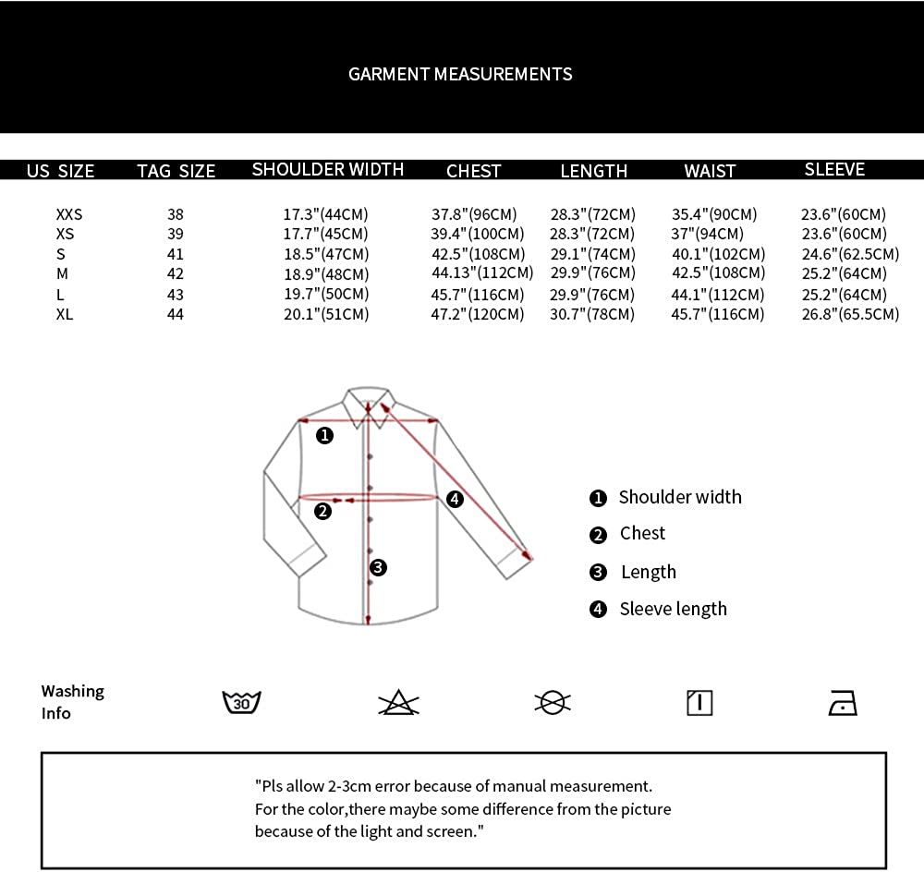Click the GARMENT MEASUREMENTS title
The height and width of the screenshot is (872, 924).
click(460, 74)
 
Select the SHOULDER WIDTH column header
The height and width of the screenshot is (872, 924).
click(328, 169)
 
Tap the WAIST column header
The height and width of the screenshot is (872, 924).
click(710, 171)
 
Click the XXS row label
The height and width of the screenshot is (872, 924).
click(69, 214)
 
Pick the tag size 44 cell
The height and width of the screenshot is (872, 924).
click(176, 314)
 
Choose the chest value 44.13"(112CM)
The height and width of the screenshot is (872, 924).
click(482, 272)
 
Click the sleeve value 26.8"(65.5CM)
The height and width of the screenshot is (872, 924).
click(850, 314)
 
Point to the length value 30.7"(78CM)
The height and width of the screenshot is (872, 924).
click(593, 314)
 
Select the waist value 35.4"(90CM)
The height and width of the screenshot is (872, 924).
click(714, 214)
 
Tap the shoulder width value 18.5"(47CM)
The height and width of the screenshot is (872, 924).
click(325, 254)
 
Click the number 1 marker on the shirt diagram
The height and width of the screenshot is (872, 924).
click(324, 435)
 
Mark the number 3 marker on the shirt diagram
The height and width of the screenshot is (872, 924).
click(377, 567)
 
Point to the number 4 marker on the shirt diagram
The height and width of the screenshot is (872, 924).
click(455, 499)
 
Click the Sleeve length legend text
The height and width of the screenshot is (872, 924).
click(673, 609)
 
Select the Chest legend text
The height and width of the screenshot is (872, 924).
click(642, 533)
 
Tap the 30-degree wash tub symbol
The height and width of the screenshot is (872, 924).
click(242, 703)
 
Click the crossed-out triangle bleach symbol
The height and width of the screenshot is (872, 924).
click(398, 704)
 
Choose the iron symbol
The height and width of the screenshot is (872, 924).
click(843, 704)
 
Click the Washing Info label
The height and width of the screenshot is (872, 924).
click(72, 702)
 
